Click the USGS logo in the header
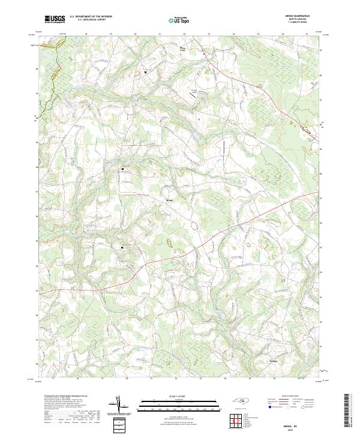coord(55,19)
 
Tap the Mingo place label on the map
coord(169,200)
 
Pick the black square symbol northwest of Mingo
coord(123,169)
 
